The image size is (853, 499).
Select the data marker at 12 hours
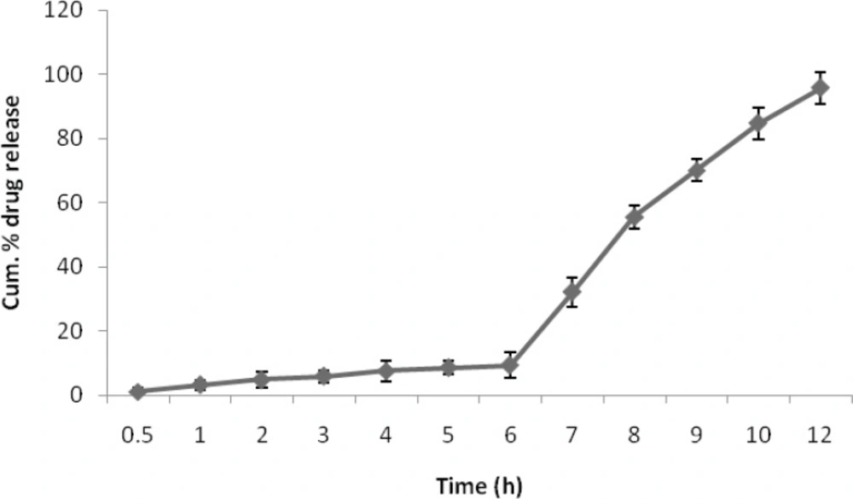(820, 88)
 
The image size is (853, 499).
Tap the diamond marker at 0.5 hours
(137, 392)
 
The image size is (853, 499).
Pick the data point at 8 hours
(634, 217)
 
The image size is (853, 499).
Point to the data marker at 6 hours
(510, 365)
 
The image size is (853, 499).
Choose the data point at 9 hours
(696, 170)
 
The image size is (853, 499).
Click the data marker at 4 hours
(386, 370)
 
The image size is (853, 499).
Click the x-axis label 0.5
(137, 435)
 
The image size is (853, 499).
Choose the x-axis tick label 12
(820, 435)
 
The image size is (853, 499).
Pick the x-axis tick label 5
(448, 435)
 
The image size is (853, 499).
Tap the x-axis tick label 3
(323, 435)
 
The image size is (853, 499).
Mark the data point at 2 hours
(262, 380)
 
